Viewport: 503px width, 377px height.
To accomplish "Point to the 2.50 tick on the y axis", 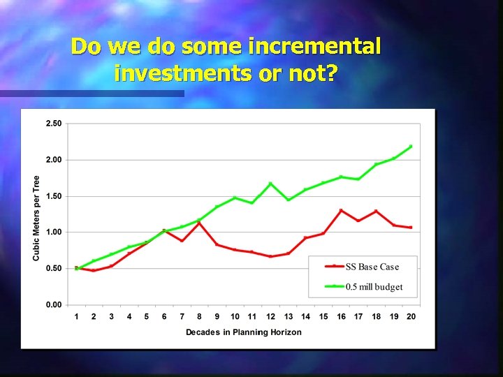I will click(x=53, y=124).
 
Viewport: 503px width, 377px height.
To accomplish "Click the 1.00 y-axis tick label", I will click(x=53, y=232).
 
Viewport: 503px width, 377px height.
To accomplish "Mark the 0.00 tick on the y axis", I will click(x=53, y=304).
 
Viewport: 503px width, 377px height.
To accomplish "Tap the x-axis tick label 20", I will click(x=411, y=317).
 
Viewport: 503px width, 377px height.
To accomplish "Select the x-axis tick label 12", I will click(x=270, y=317).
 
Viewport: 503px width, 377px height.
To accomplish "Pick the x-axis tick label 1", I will click(x=76, y=317).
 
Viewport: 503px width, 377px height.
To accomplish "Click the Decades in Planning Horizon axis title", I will click(x=243, y=332).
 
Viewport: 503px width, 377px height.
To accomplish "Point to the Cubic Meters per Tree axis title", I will click(x=36, y=218).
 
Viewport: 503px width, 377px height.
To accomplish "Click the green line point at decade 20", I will click(x=411, y=147).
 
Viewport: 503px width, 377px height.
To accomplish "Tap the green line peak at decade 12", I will click(x=270, y=184).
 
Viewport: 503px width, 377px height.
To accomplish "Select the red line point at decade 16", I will click(x=341, y=210).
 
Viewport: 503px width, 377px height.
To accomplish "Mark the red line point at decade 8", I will click(x=199, y=223).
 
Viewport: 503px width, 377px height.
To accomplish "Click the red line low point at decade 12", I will click(x=270, y=256).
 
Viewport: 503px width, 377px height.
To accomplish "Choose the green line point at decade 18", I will click(x=376, y=165).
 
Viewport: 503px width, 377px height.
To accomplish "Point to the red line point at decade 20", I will click(x=411, y=228).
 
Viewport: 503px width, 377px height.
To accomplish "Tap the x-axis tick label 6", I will click(x=164, y=317).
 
